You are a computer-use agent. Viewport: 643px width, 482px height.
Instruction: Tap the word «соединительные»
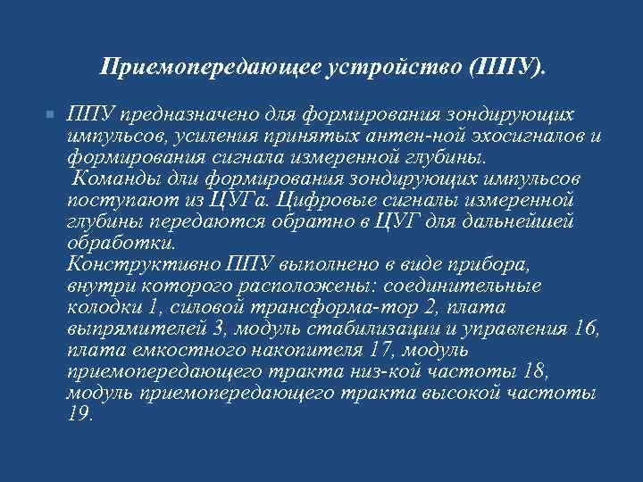pos(466,286)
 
